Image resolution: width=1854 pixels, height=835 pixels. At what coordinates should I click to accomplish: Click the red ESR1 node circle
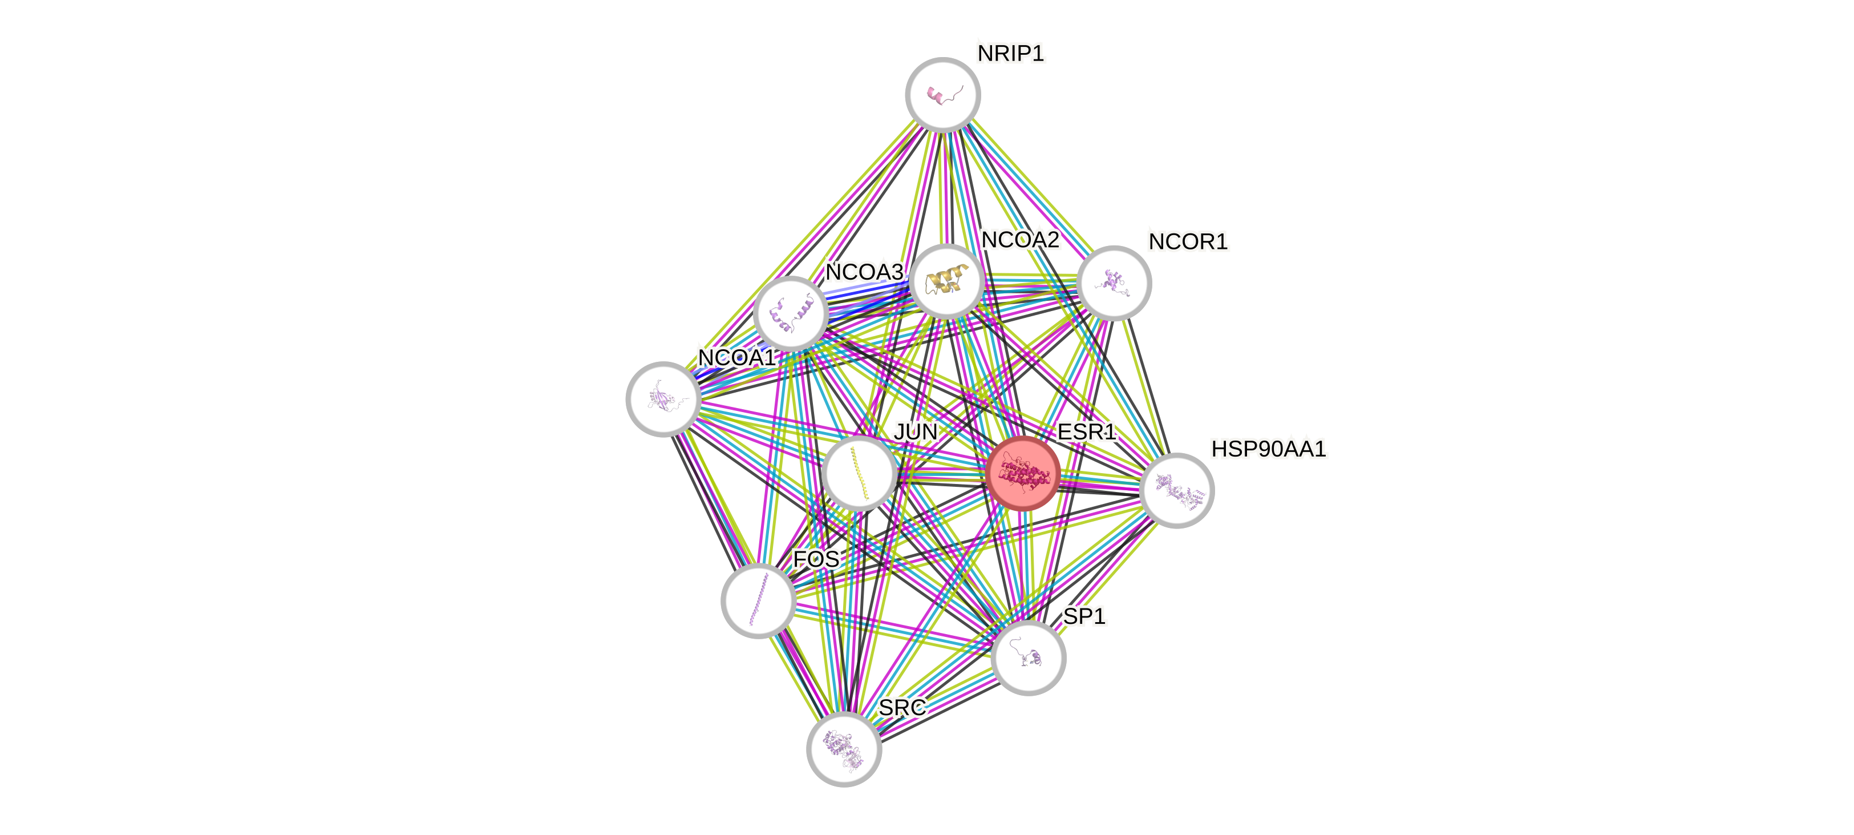click(x=1023, y=474)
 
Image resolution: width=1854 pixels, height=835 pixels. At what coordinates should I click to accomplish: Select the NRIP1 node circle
click(x=942, y=94)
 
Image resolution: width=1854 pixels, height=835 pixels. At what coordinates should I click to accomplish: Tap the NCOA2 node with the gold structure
click(x=946, y=281)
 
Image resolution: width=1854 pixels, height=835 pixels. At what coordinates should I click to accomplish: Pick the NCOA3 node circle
click(x=790, y=314)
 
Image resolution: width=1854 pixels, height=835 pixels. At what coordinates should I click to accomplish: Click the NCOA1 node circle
click(x=663, y=399)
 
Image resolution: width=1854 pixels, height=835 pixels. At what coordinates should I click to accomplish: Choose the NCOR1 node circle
click(x=1114, y=283)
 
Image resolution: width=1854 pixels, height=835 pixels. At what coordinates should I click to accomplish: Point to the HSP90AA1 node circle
click(x=1177, y=490)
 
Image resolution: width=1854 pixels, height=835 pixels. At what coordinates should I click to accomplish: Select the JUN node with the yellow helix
click(x=859, y=474)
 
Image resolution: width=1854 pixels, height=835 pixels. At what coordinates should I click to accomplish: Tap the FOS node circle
click(x=758, y=601)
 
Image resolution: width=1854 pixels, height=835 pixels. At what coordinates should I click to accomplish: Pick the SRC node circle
click(x=844, y=749)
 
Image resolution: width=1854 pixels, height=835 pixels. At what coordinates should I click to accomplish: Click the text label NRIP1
click(x=1010, y=53)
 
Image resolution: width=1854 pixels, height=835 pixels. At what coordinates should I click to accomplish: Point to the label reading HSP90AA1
click(x=1268, y=449)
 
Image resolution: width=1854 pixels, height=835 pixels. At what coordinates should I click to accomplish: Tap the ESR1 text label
click(x=1086, y=432)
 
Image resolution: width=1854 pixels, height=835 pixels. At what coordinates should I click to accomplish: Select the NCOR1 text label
click(x=1188, y=242)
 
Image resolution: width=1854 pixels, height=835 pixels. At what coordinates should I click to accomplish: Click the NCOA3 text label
click(x=863, y=272)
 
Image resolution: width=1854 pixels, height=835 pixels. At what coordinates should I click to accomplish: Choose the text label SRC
click(x=902, y=708)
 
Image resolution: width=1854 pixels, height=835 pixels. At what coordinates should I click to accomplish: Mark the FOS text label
click(x=816, y=559)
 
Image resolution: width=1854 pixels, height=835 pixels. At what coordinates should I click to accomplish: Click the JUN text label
click(x=915, y=432)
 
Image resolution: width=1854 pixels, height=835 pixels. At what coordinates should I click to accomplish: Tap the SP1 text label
click(x=1084, y=616)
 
